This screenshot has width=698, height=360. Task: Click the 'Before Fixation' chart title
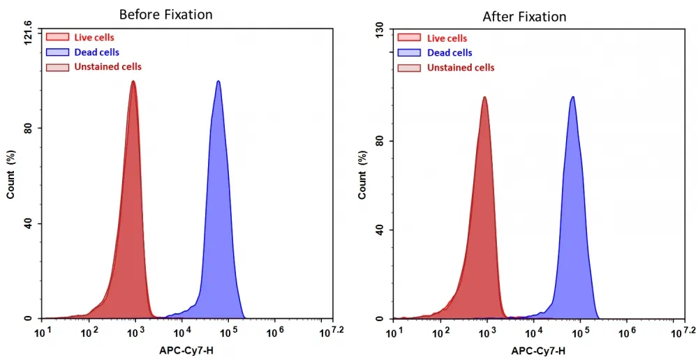coord(165,15)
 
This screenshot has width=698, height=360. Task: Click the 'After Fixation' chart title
coord(524,17)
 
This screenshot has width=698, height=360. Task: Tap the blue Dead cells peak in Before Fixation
coord(218,82)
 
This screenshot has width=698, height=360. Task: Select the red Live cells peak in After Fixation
coord(484,98)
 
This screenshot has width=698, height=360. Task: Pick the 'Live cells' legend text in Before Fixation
coord(94,38)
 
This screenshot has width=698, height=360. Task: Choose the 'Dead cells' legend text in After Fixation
coord(450,52)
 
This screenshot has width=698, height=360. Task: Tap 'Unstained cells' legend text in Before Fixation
coord(107,67)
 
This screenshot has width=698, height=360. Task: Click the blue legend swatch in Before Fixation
coord(57,52)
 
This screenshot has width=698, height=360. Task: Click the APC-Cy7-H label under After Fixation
coord(538,351)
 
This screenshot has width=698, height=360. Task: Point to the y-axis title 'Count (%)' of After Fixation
coord(363,175)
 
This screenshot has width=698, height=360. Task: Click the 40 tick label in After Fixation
coord(380,230)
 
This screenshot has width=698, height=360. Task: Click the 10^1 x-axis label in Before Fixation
coord(41,331)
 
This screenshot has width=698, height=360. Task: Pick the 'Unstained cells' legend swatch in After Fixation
coord(409,68)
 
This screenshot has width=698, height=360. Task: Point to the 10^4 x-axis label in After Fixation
coord(533,331)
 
